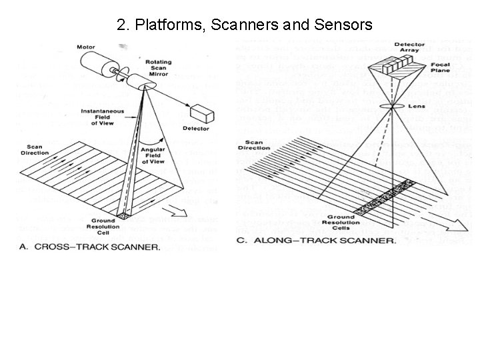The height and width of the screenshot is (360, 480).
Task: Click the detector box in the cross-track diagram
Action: point(199,115)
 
